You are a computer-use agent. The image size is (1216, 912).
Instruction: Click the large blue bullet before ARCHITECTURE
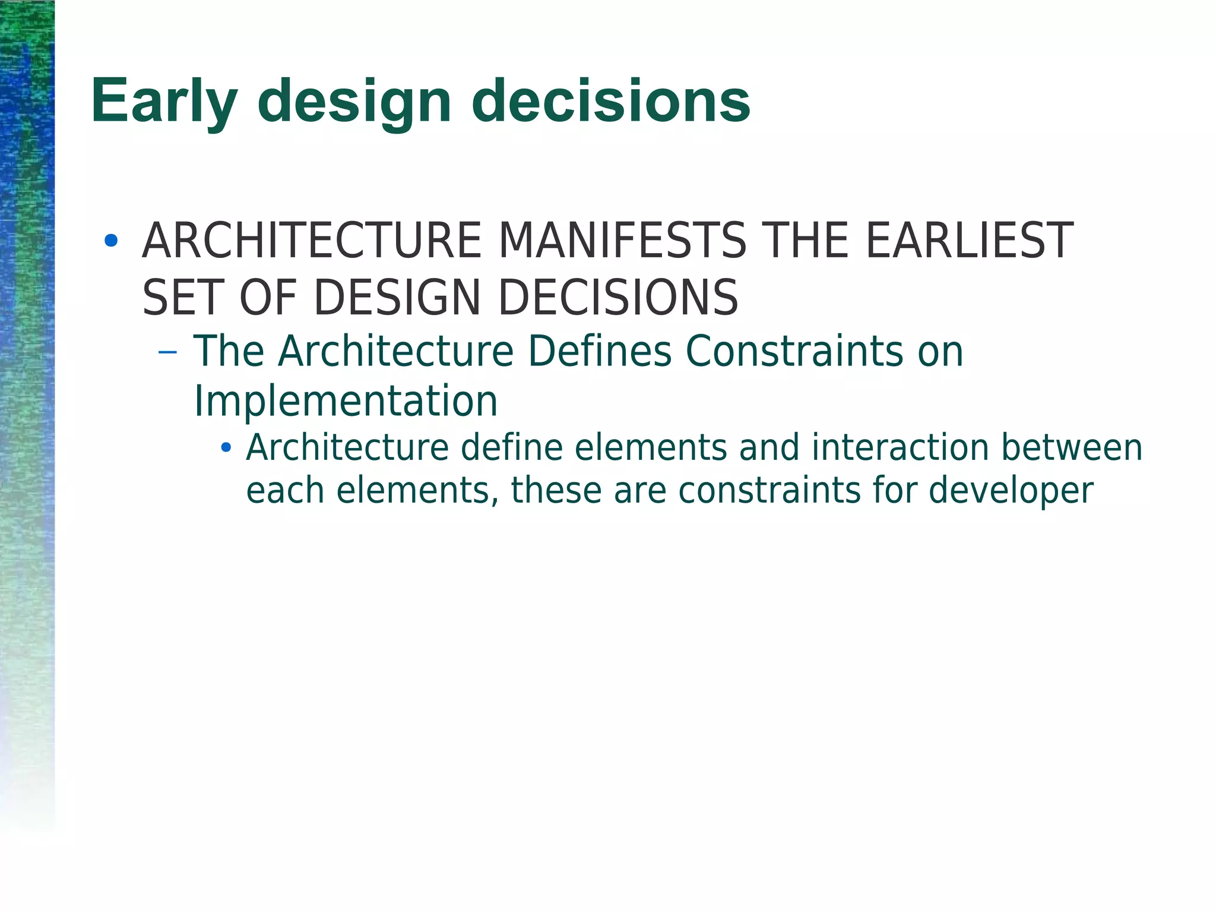110,241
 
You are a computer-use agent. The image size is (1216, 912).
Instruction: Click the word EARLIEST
969,241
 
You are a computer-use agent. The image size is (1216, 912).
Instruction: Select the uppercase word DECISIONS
617,298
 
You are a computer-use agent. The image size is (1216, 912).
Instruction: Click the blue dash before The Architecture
168,352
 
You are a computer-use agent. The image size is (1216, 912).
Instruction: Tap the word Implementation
346,402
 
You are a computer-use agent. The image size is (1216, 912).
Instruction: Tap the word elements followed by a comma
417,491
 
